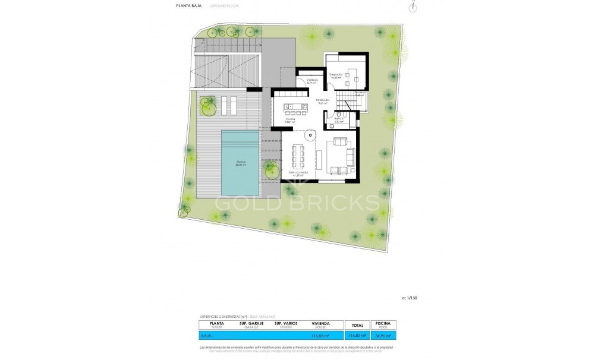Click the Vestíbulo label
[x=312, y=81]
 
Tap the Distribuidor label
[x=323, y=102]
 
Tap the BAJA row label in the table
[x=206, y=336]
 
